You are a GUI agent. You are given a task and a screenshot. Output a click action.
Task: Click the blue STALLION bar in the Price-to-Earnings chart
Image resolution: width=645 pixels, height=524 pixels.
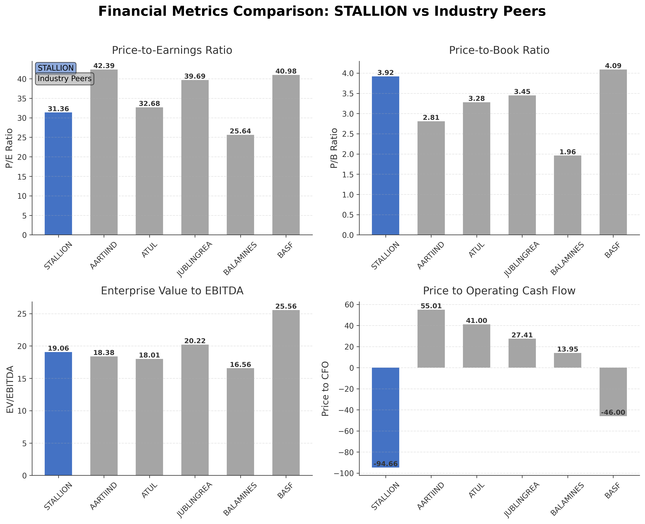[x=58, y=174]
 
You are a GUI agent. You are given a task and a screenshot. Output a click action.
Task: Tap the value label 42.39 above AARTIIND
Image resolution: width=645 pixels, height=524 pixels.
[x=104, y=66]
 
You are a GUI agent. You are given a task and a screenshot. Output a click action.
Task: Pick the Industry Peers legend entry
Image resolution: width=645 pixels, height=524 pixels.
[x=65, y=79]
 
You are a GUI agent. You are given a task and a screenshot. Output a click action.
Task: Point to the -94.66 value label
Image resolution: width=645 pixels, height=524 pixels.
[x=385, y=464]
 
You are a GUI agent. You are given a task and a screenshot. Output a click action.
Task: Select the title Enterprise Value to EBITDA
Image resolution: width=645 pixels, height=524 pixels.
[x=172, y=291]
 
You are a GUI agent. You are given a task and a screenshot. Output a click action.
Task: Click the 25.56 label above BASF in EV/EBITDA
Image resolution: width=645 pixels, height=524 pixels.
[x=286, y=307]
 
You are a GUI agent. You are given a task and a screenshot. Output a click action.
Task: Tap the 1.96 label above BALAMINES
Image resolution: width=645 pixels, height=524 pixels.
[x=567, y=152]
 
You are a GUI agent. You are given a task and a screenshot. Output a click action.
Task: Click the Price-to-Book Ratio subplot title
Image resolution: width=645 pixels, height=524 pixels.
[x=499, y=50]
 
